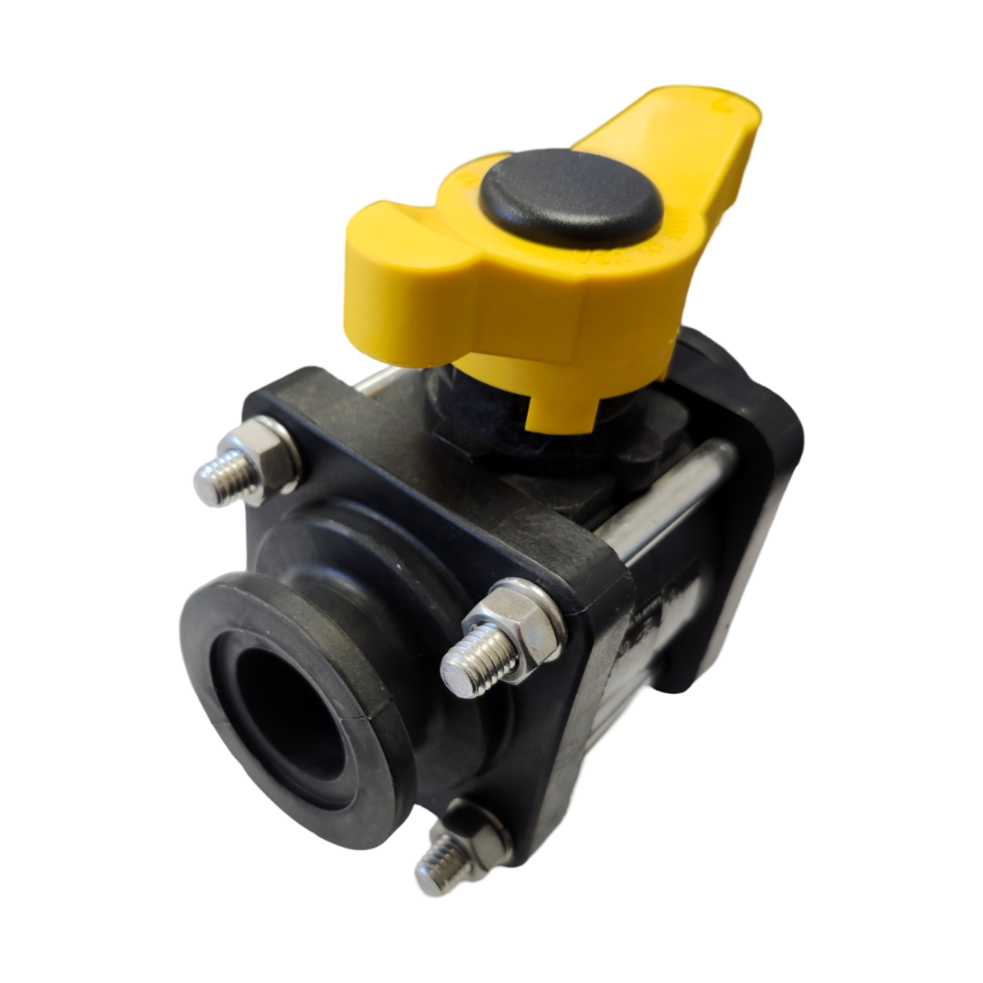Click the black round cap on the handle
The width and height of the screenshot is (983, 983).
coord(571,198)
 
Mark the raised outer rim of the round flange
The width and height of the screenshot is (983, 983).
coord(218,619)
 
